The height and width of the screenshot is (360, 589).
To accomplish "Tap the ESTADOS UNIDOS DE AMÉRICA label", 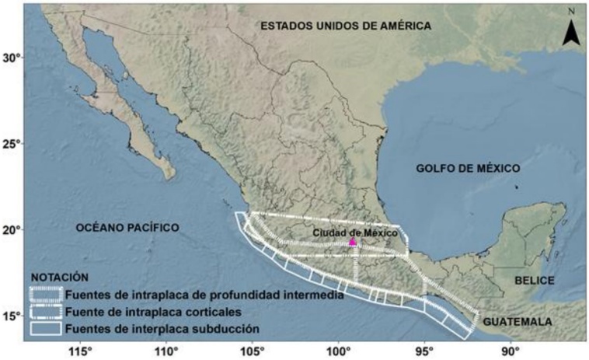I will [346, 26].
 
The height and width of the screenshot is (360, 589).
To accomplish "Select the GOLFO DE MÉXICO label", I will [468, 168].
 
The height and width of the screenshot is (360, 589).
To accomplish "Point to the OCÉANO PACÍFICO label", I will [127, 227].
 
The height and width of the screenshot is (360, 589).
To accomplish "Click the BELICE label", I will [534, 280].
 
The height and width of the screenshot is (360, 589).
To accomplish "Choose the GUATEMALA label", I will [517, 322].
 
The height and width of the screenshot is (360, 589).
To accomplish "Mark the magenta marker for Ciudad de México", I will [352, 243].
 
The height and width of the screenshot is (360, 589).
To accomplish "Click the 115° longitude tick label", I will [82, 351].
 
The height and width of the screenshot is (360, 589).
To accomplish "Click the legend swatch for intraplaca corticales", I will [46, 312].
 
